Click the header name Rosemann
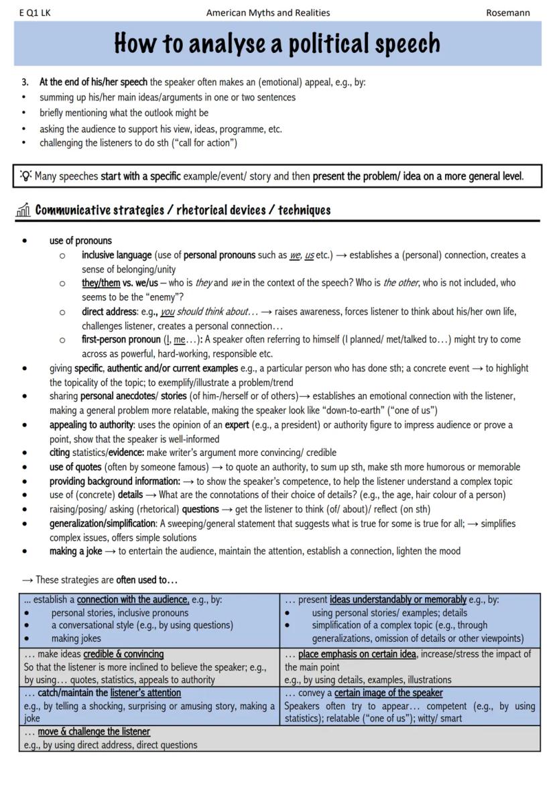pyautogui.click(x=507, y=13)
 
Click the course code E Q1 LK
pyautogui.click(x=35, y=13)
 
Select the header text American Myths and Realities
pyautogui.click(x=268, y=13)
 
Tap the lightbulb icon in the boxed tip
pyautogui.click(x=25, y=176)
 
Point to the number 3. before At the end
pyautogui.click(x=25, y=82)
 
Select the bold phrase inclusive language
pyautogui.click(x=117, y=255)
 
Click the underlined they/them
pyautogui.click(x=101, y=283)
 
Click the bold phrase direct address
pyautogui.click(x=110, y=312)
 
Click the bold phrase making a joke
pyautogui.click(x=76, y=551)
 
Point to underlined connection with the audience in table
pyautogui.click(x=133, y=599)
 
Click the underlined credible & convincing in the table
pyautogui.click(x=123, y=654)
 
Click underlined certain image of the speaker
pyautogui.click(x=389, y=693)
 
